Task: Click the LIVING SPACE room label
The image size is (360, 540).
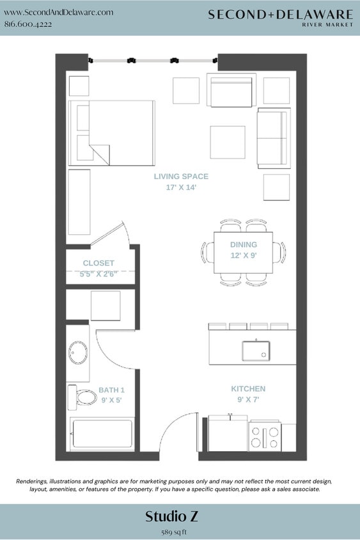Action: coord(181,177)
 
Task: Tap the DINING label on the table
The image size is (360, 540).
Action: coord(244,244)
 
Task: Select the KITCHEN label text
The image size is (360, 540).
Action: coord(248,389)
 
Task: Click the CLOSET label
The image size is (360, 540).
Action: coord(98,263)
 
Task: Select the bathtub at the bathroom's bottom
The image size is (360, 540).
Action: coord(102,434)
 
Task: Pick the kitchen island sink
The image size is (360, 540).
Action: coord(255,351)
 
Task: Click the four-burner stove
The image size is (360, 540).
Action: coord(265,437)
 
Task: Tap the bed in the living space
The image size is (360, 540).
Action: coord(113,132)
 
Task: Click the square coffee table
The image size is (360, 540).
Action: coord(228,142)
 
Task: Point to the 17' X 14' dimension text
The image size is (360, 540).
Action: coord(181,188)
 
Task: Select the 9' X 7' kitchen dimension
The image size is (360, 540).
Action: coord(248,400)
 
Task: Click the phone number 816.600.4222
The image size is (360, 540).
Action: coord(28,24)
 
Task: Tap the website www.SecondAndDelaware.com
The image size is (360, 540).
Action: coord(59,12)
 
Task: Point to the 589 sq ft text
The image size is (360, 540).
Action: coord(180,531)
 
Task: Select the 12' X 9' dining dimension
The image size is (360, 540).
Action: coord(244,255)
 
